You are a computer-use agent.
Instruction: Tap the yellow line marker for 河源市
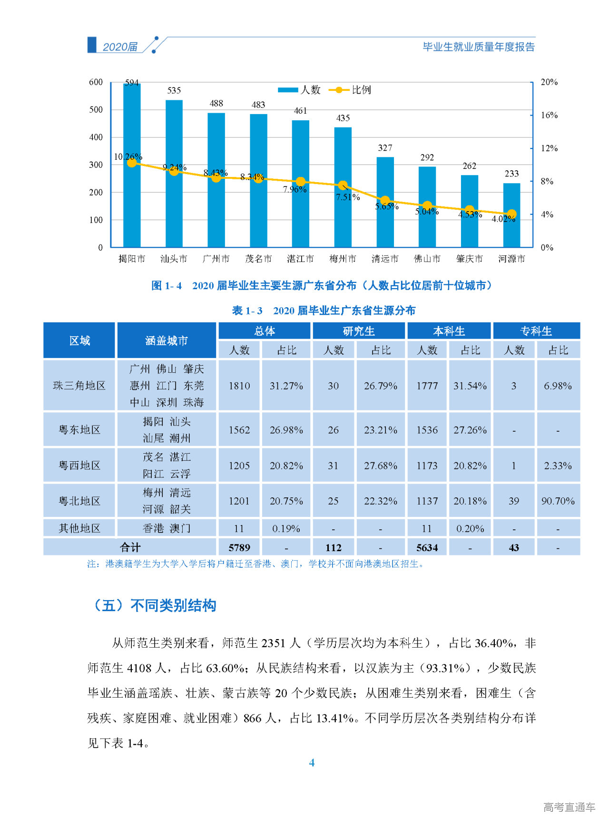pyautogui.click(x=511, y=214)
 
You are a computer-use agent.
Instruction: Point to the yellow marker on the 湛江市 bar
pyautogui.click(x=301, y=182)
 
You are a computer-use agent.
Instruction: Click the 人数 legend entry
pyautogui.click(x=300, y=90)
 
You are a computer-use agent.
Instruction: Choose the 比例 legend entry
pyautogui.click(x=351, y=90)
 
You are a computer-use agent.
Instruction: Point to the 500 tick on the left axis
pyautogui.click(x=96, y=110)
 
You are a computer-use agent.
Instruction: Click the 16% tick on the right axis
pyautogui.click(x=549, y=115)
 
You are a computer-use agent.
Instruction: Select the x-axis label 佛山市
pyautogui.click(x=427, y=259)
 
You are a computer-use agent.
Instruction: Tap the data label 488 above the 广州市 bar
pyautogui.click(x=216, y=103)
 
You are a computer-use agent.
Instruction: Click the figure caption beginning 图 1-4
pyautogui.click(x=321, y=285)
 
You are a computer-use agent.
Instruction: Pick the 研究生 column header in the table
pyautogui.click(x=359, y=331)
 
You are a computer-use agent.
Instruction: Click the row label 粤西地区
pyautogui.click(x=79, y=466)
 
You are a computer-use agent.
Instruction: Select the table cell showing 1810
pyautogui.click(x=239, y=386)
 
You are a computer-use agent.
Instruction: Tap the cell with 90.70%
pyautogui.click(x=558, y=501)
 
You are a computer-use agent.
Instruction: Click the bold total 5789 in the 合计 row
pyautogui.click(x=239, y=547)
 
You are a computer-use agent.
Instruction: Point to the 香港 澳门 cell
pyautogui.click(x=167, y=528)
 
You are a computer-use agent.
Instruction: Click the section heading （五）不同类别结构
pyautogui.click(x=155, y=605)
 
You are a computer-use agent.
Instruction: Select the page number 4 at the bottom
pyautogui.click(x=312, y=763)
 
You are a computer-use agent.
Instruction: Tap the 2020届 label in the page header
pyautogui.click(x=120, y=47)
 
